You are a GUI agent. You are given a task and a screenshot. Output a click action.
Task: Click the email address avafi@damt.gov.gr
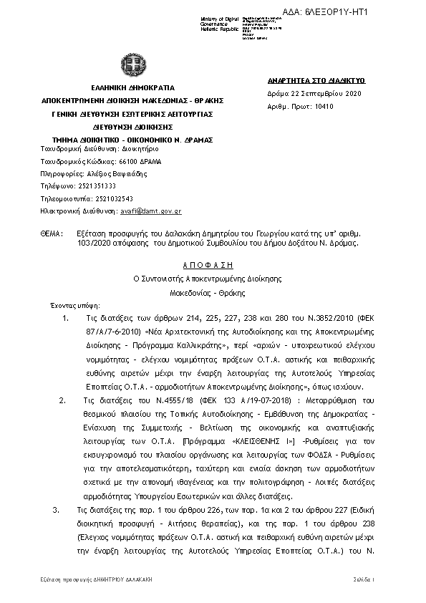point(160,211)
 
